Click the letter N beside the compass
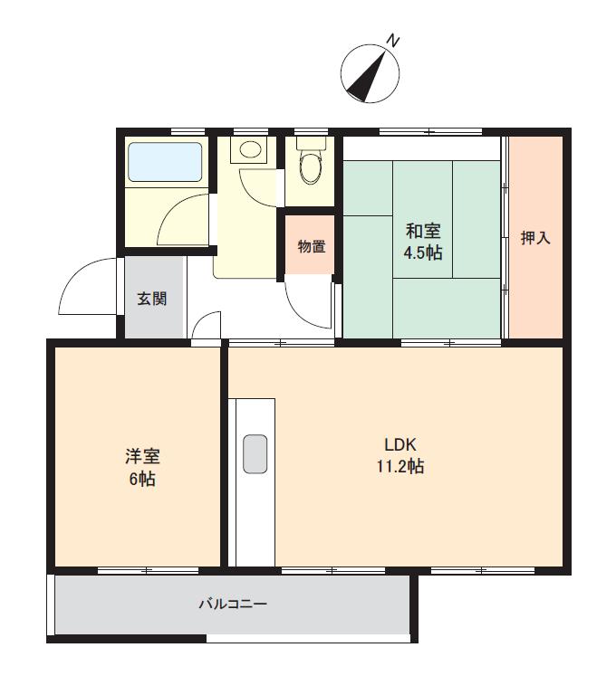pos(393,41)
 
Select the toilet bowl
pos(311,169)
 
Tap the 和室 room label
pos(422,231)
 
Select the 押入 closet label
pos(535,238)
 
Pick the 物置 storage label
pos(311,245)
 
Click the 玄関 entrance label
pos(151,299)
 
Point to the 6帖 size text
pos(141,480)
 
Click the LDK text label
pos(399,445)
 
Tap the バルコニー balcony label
pos(233,604)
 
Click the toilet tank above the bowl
pos(311,144)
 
